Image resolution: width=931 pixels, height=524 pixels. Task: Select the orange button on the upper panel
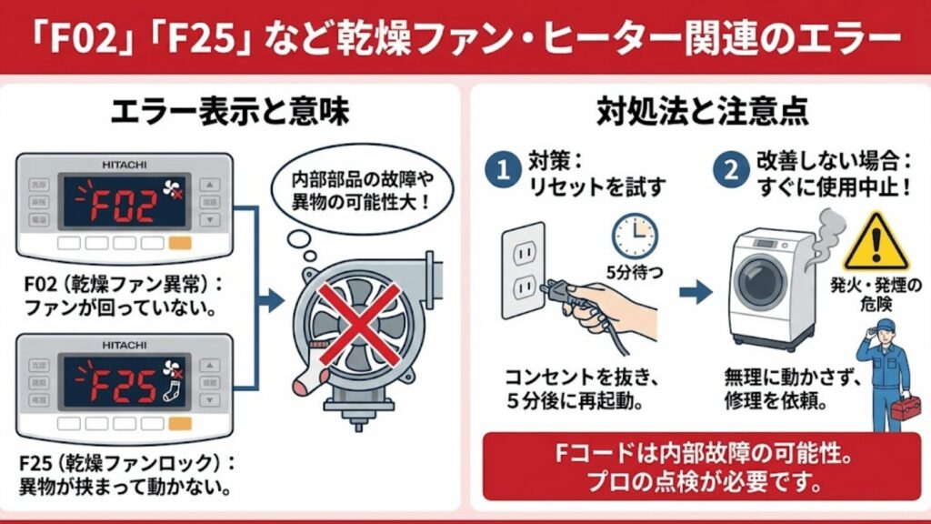180,244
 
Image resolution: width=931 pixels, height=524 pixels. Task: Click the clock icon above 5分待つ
634,235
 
